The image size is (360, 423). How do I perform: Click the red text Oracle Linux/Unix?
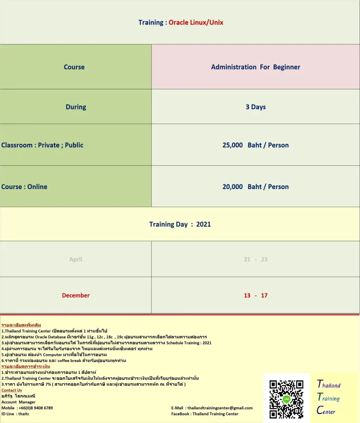click(196, 22)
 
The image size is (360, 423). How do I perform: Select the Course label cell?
click(74, 67)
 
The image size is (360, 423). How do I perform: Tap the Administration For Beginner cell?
click(256, 67)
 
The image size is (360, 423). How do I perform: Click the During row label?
click(76, 107)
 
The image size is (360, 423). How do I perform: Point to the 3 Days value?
click(256, 107)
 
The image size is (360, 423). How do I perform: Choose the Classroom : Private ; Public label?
click(42, 145)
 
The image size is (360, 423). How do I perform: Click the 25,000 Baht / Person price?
click(256, 145)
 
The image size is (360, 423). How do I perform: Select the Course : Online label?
click(25, 187)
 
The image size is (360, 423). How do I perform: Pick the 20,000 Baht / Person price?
click(256, 187)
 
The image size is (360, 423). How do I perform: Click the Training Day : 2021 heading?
click(180, 224)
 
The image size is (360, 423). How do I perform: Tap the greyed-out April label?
click(76, 259)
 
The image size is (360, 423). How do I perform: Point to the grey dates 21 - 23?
click(256, 259)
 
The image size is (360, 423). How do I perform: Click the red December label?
click(76, 295)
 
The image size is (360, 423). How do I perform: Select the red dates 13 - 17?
click(256, 295)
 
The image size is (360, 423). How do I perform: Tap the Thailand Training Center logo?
click(329, 397)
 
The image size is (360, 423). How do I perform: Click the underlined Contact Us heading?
click(11, 390)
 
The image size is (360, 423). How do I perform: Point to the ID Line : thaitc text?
click(15, 414)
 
